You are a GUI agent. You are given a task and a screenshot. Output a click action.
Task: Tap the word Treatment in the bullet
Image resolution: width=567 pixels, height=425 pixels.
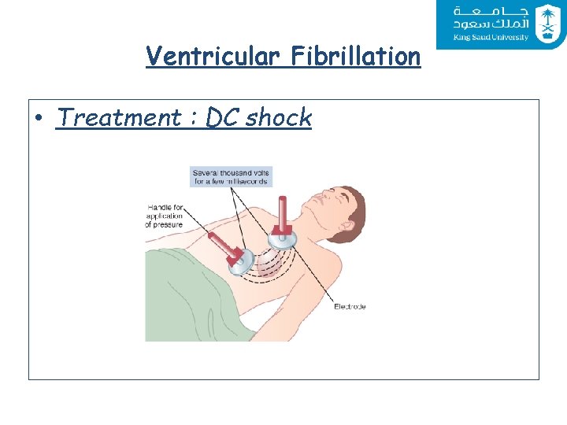click(x=119, y=118)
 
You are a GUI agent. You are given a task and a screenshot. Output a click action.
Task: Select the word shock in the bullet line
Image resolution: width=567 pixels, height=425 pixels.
click(x=279, y=118)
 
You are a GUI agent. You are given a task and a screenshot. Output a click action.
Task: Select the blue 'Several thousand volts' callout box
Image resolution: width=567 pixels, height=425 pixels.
click(x=232, y=176)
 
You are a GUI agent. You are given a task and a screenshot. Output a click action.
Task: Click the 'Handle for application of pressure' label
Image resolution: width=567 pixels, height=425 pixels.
click(x=164, y=216)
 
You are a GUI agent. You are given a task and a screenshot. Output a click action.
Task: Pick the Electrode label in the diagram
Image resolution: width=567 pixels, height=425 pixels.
click(x=350, y=306)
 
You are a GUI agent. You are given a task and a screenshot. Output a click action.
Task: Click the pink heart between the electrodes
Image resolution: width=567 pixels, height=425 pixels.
click(x=269, y=260)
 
